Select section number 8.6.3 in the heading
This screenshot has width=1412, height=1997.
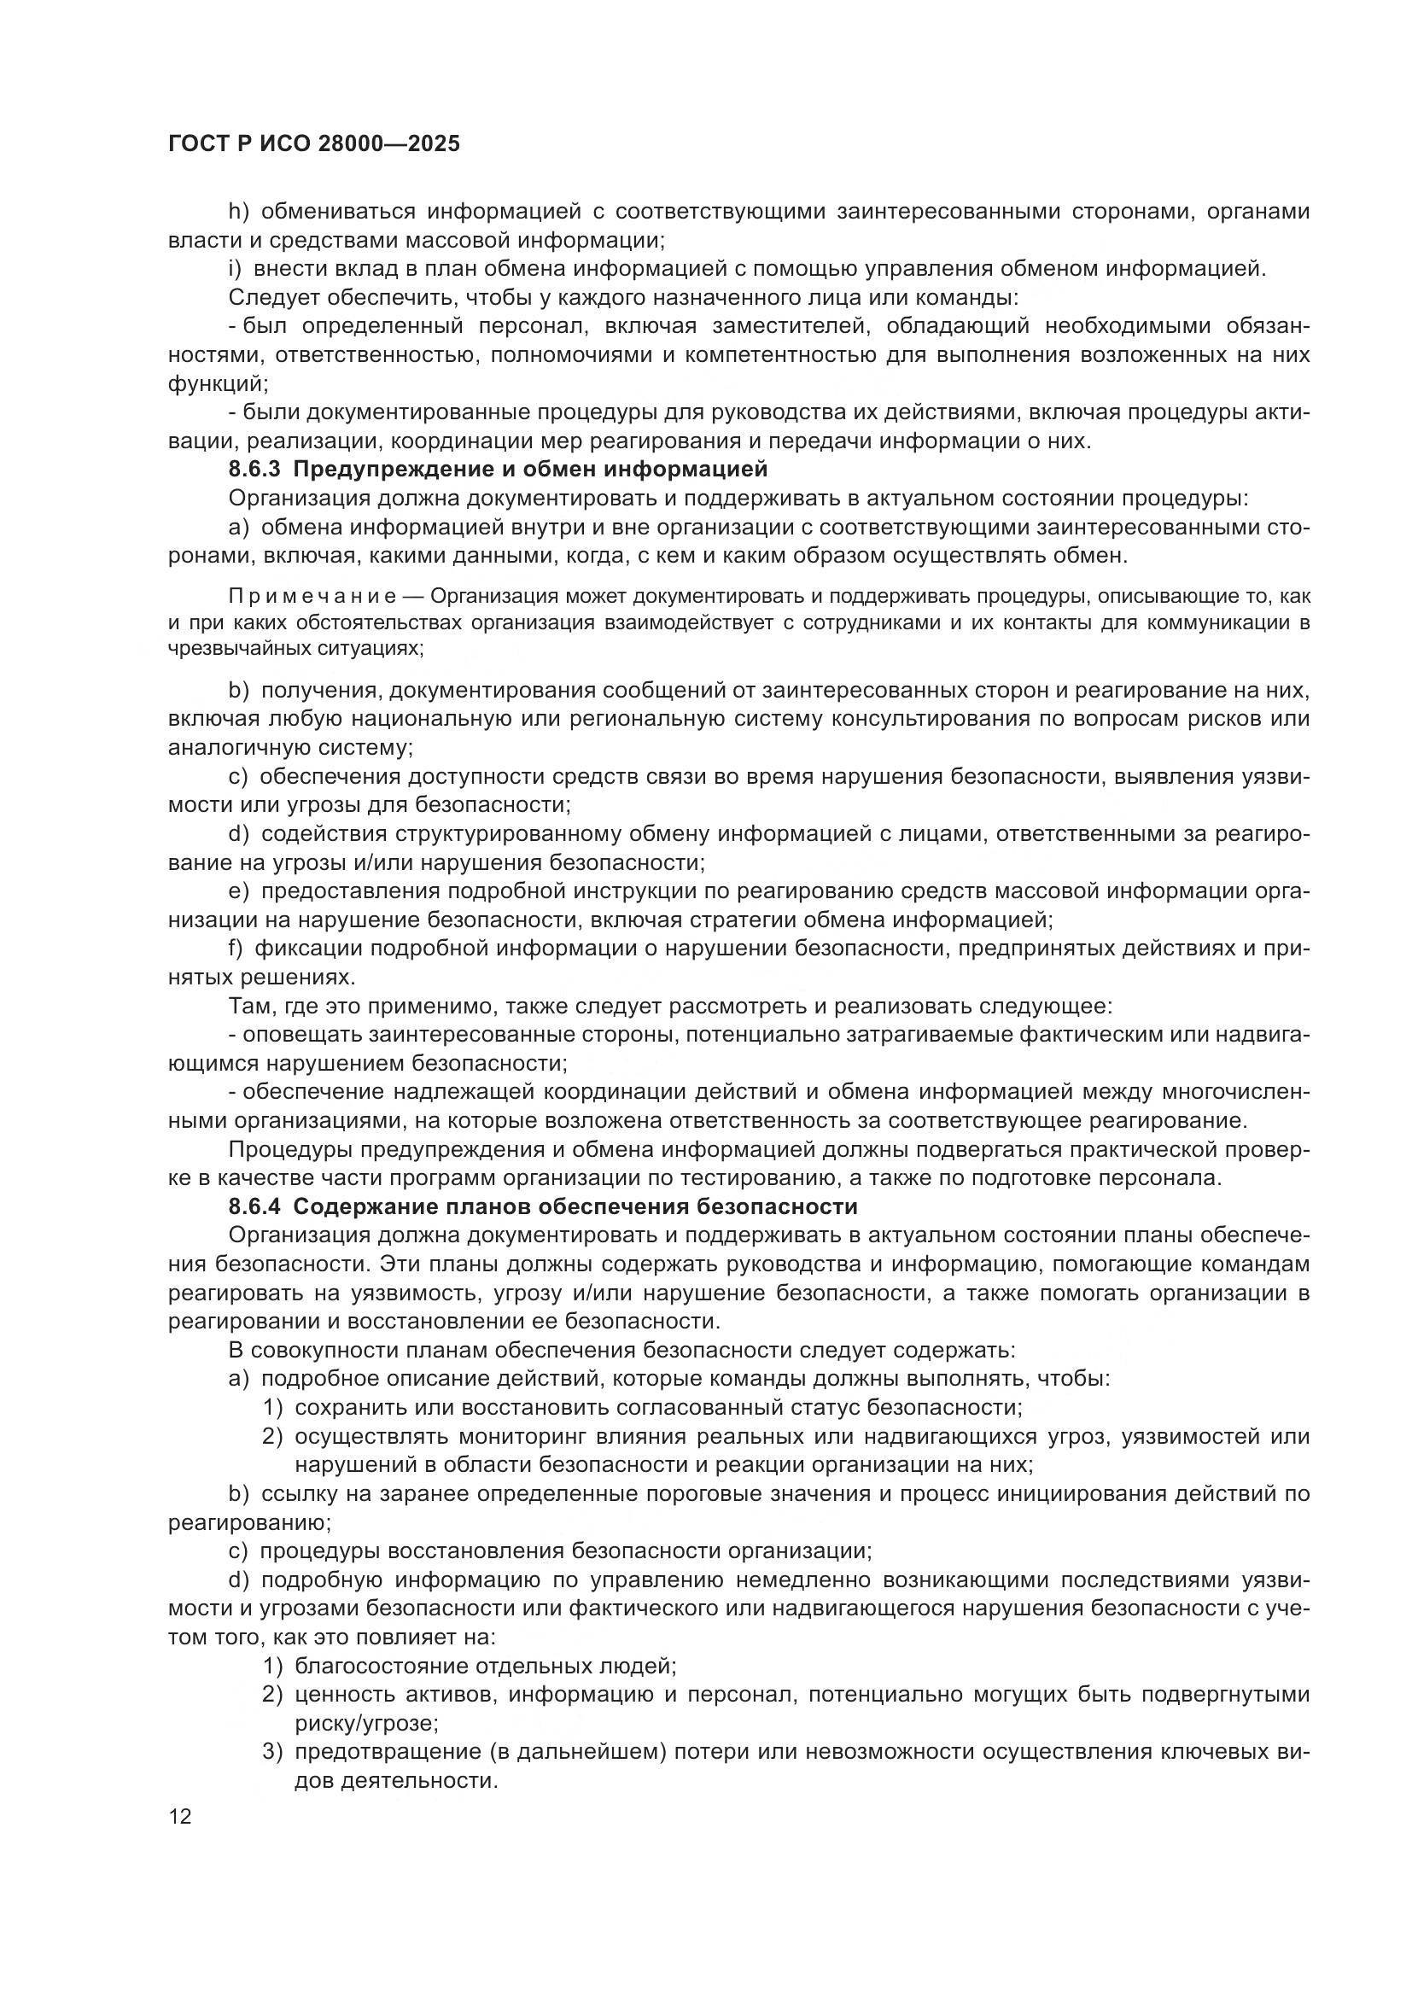point(254,470)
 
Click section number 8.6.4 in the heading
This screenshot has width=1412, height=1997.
point(254,1207)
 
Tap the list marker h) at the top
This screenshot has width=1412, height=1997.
point(239,212)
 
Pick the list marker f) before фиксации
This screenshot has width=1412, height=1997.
point(236,948)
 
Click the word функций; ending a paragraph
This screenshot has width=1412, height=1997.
point(219,383)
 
